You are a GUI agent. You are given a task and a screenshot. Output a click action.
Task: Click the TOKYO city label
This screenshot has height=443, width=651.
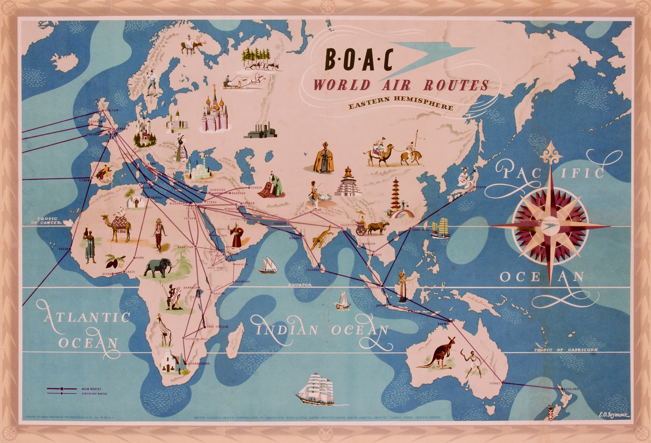(481, 187)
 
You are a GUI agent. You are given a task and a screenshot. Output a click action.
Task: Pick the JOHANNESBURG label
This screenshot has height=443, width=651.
(199, 364)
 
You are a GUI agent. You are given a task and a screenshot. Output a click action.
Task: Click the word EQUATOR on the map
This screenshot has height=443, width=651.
(300, 285)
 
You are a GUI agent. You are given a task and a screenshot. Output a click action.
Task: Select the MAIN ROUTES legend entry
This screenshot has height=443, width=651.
(91, 389)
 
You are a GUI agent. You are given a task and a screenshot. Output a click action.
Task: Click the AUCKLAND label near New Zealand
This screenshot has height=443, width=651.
(571, 389)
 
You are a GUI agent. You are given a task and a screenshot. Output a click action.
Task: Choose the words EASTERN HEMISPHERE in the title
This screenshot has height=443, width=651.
(401, 103)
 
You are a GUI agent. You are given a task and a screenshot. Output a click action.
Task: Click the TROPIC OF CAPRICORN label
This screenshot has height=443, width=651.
(566, 350)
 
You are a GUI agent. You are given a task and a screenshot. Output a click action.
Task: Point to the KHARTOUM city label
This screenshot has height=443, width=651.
(185, 247)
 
